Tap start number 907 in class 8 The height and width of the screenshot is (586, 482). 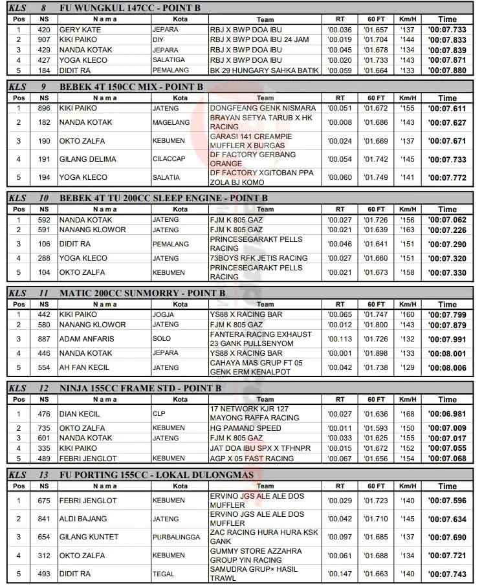click(44, 39)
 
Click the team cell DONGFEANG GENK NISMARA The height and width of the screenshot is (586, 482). click(263, 108)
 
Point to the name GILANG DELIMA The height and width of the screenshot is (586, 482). click(88, 159)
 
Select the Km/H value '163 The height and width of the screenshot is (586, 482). click(407, 230)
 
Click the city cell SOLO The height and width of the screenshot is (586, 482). click(161, 339)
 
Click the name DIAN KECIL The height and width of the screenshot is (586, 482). click(80, 414)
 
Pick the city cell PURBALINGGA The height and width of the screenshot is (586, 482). click(176, 537)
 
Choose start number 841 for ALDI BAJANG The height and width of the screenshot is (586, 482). click(44, 519)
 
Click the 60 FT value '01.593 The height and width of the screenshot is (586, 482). click(376, 428)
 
